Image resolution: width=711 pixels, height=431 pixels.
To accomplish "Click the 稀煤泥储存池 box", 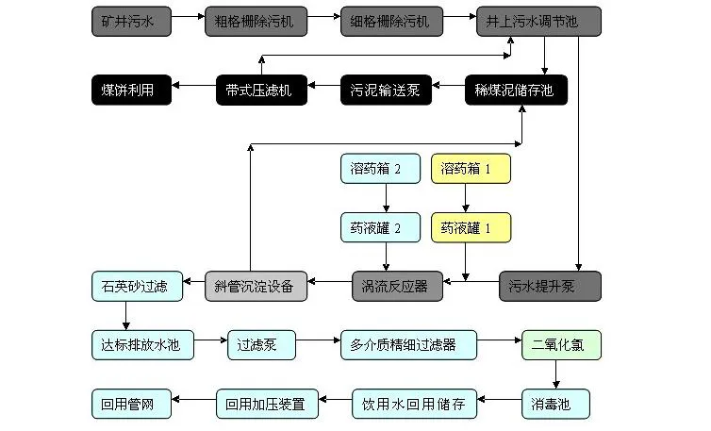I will coord(516,90).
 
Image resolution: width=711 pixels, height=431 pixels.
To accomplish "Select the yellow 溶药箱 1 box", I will coord(471,169).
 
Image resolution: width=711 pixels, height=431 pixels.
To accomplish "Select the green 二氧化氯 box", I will coord(561,344).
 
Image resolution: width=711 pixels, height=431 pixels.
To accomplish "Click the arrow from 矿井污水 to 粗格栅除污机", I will coord(189,19).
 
